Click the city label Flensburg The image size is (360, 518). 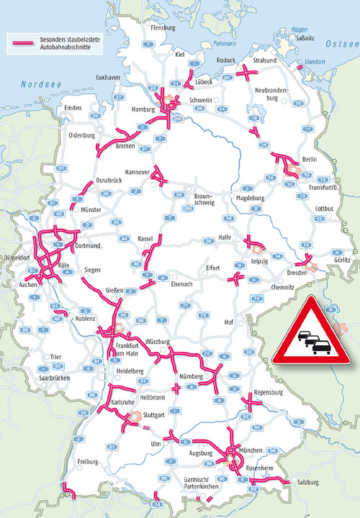tap(163, 28)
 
